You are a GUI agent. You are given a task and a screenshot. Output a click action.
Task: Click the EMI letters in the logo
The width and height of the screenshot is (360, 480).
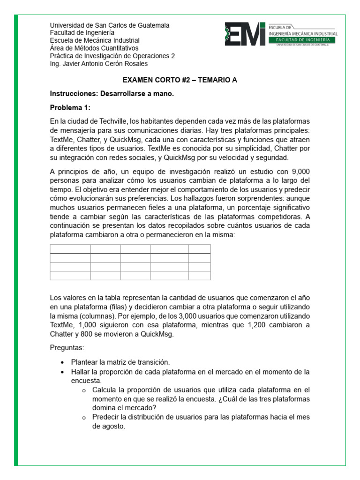(245, 35)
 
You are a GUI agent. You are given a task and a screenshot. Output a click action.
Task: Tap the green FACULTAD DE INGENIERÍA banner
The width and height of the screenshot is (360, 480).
(303, 40)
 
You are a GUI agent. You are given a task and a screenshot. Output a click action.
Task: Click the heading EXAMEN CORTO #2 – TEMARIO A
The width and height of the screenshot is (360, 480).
(180, 80)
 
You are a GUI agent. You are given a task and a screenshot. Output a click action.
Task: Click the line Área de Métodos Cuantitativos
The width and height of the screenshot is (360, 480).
(94, 48)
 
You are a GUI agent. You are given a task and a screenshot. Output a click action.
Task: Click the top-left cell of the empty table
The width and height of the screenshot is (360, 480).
(70, 249)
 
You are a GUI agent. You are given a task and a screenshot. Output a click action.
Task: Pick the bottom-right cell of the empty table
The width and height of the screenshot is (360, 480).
(199, 275)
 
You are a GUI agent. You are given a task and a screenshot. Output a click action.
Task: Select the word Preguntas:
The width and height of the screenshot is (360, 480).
(67, 348)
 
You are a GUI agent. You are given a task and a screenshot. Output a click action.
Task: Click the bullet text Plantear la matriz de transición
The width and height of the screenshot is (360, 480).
(120, 362)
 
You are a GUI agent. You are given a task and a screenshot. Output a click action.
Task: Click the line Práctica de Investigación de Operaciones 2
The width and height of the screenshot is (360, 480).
(112, 56)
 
